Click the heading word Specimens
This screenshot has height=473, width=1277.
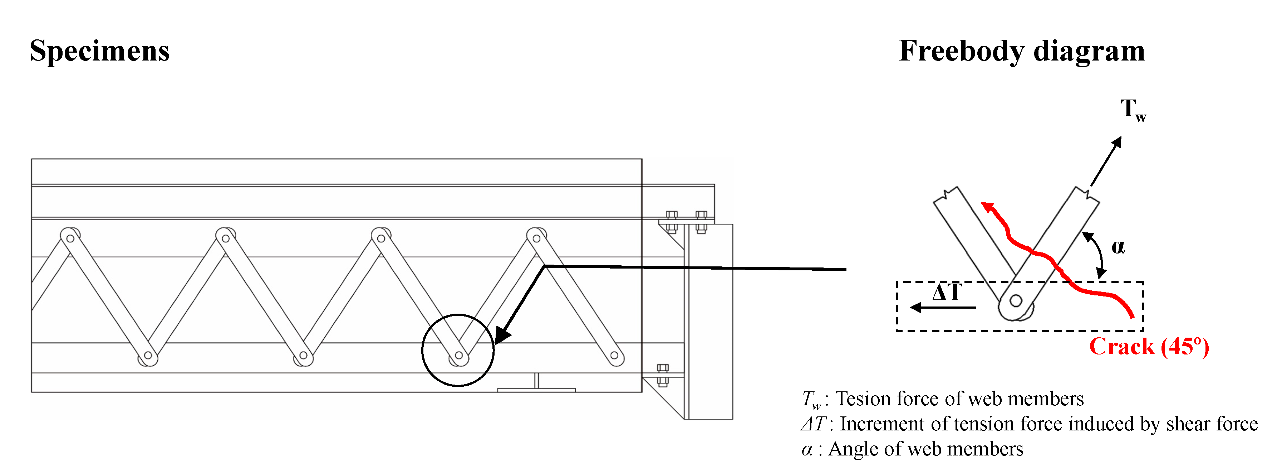click(100, 51)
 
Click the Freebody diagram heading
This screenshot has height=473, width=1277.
click(1021, 51)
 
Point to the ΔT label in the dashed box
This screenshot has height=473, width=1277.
click(947, 292)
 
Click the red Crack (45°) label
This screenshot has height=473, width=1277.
click(1149, 347)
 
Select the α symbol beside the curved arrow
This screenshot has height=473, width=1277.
click(1118, 247)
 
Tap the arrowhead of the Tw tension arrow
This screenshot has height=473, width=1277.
click(1117, 143)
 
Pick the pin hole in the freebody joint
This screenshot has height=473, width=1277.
click(1016, 301)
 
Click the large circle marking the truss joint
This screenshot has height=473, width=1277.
click(458, 350)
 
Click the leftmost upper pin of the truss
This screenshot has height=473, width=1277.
click(70, 238)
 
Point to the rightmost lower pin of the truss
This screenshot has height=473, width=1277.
click(614, 355)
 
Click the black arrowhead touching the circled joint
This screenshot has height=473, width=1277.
click(502, 335)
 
